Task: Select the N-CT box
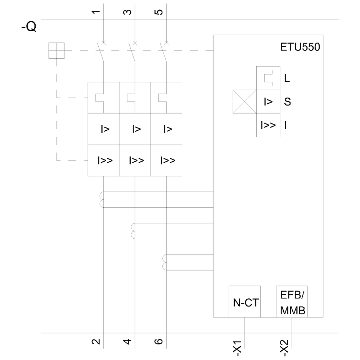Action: click(x=245, y=302)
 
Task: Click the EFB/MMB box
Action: click(x=292, y=302)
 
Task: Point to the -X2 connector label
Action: click(x=285, y=347)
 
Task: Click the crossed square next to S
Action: click(x=244, y=102)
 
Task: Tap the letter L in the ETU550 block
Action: click(x=287, y=78)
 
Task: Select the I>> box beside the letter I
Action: click(x=268, y=125)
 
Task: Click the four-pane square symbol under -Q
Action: click(x=57, y=50)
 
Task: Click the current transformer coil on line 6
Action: click(x=165, y=262)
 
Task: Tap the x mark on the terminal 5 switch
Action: click(x=166, y=43)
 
